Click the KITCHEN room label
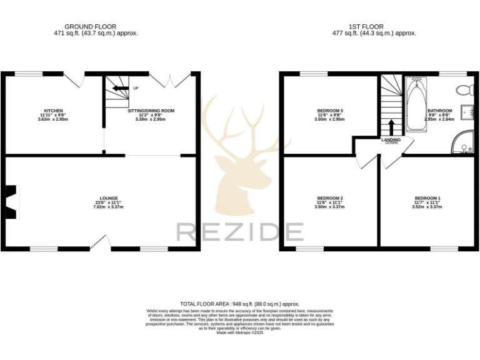click(52, 111)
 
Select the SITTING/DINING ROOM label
click(151, 111)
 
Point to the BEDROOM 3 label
click(329, 111)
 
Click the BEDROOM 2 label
click(329, 198)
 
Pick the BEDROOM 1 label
click(427, 198)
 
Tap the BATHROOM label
click(439, 111)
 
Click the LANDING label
click(391, 140)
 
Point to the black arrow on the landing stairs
click(391, 127)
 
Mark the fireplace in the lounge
click(11, 202)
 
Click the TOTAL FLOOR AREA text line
click(240, 304)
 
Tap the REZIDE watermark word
click(240, 232)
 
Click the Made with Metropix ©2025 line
click(240, 333)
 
